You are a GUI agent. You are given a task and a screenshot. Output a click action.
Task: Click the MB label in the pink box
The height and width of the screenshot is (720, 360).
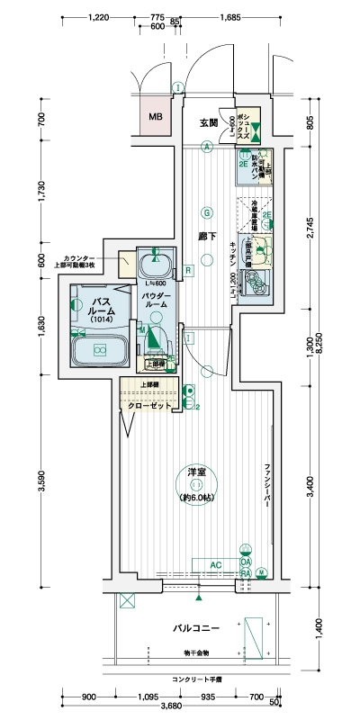click(156, 116)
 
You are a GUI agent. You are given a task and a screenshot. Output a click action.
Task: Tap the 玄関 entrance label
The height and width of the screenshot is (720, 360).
click(209, 122)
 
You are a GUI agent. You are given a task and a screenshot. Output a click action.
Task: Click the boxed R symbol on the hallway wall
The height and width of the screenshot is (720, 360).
click(187, 270)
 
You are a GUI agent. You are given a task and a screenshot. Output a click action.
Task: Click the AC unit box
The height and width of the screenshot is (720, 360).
click(215, 564)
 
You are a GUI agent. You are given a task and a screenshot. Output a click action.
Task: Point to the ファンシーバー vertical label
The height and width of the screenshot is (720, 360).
click(268, 487)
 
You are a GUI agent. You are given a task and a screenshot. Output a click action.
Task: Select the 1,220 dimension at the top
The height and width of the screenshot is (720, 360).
click(101, 17)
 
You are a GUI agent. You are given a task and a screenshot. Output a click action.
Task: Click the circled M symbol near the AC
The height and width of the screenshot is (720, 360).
click(262, 571)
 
